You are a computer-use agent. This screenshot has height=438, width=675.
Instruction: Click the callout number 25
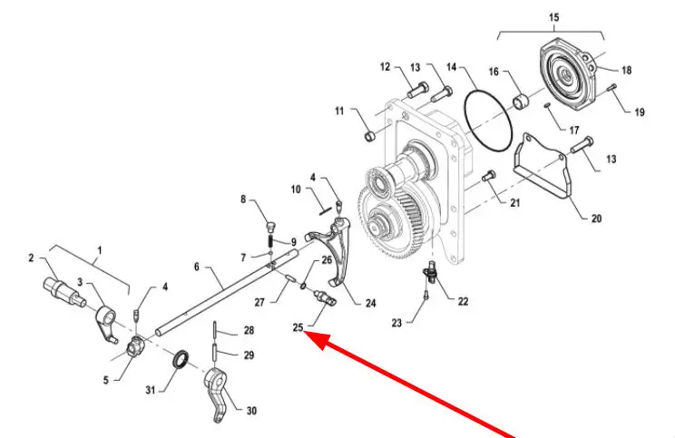(x=298, y=327)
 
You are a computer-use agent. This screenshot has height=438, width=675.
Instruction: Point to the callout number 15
(x=553, y=17)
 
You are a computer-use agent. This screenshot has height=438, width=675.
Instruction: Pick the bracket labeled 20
(x=543, y=168)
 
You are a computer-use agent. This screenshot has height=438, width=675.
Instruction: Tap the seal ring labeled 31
(x=181, y=359)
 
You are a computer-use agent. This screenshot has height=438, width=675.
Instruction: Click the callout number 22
(x=463, y=301)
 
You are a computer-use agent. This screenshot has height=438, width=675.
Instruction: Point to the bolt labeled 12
(x=417, y=90)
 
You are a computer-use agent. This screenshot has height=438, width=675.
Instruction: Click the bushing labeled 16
(x=521, y=102)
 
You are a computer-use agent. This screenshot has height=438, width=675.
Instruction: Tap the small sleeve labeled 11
(x=370, y=136)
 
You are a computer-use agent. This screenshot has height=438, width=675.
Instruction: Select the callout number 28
(x=249, y=330)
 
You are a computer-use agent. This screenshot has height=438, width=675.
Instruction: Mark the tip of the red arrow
(x=304, y=331)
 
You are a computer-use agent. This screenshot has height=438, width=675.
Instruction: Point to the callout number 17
(x=573, y=130)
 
